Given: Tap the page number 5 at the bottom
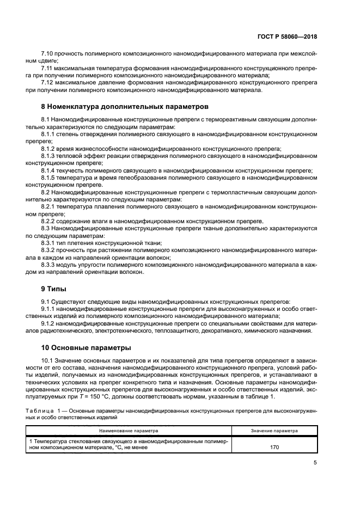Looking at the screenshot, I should tap(315, 463).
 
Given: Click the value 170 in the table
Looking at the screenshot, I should tap(274, 447).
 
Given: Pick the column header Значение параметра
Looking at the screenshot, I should tap(274, 430).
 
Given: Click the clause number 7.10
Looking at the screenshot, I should tap(48, 54).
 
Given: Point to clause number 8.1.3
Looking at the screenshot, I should tap(50, 155).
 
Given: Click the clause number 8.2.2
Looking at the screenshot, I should tap(50, 222).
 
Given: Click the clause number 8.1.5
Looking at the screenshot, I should tap(50, 177).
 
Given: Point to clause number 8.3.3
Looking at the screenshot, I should tap(50, 265).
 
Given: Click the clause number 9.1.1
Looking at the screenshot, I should tap(50, 308).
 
